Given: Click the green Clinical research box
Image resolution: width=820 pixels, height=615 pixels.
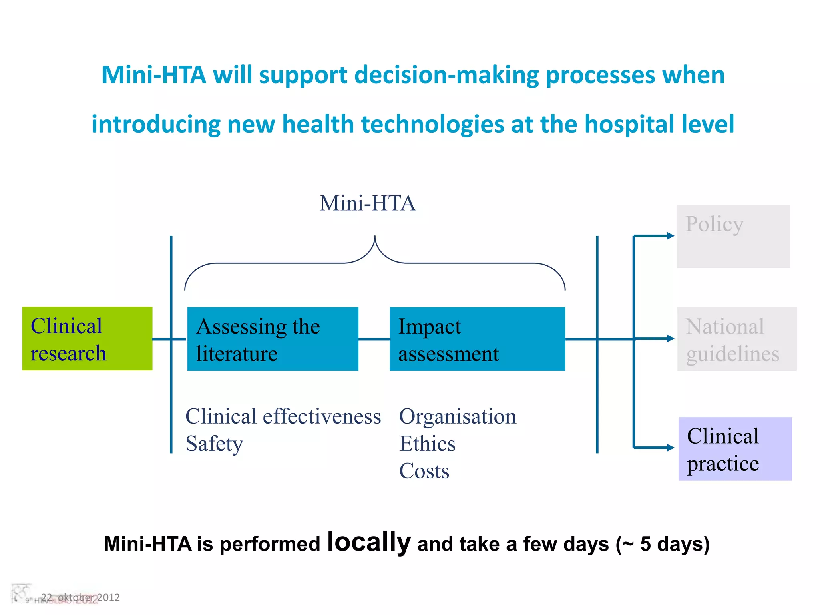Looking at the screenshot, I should (x=87, y=339).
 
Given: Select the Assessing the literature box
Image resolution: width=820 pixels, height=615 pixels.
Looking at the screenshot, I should (x=273, y=339).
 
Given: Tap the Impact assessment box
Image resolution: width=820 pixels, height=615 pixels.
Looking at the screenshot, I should (x=477, y=339).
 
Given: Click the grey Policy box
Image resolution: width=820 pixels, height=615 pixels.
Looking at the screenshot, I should (x=734, y=236).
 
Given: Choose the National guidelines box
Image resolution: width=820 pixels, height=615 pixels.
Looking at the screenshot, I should (x=737, y=339).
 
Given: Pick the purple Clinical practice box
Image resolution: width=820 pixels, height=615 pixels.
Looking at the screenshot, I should (x=735, y=449).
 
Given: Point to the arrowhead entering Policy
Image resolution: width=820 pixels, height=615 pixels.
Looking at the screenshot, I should (x=671, y=236).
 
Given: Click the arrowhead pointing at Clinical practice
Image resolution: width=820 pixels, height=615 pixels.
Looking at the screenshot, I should (x=671, y=448).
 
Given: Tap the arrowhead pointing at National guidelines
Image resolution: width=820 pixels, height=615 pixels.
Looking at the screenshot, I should (x=671, y=338).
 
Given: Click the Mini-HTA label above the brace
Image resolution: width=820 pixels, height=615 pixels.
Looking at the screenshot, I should (x=368, y=203).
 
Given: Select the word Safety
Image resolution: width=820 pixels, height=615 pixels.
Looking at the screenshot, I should (x=214, y=444).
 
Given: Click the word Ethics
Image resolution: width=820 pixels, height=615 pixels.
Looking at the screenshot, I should (x=427, y=444).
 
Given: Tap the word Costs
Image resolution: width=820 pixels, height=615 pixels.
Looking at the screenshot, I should (x=424, y=471).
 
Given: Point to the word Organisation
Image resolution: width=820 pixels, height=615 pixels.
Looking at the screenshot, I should (x=458, y=416).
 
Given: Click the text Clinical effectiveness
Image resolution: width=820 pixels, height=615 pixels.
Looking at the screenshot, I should (x=283, y=416).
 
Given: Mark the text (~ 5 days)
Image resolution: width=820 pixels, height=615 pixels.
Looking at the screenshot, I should (x=663, y=544).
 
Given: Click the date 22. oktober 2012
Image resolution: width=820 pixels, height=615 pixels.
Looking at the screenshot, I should (x=80, y=597).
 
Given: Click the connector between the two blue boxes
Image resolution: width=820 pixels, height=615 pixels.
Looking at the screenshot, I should (x=374, y=339).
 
